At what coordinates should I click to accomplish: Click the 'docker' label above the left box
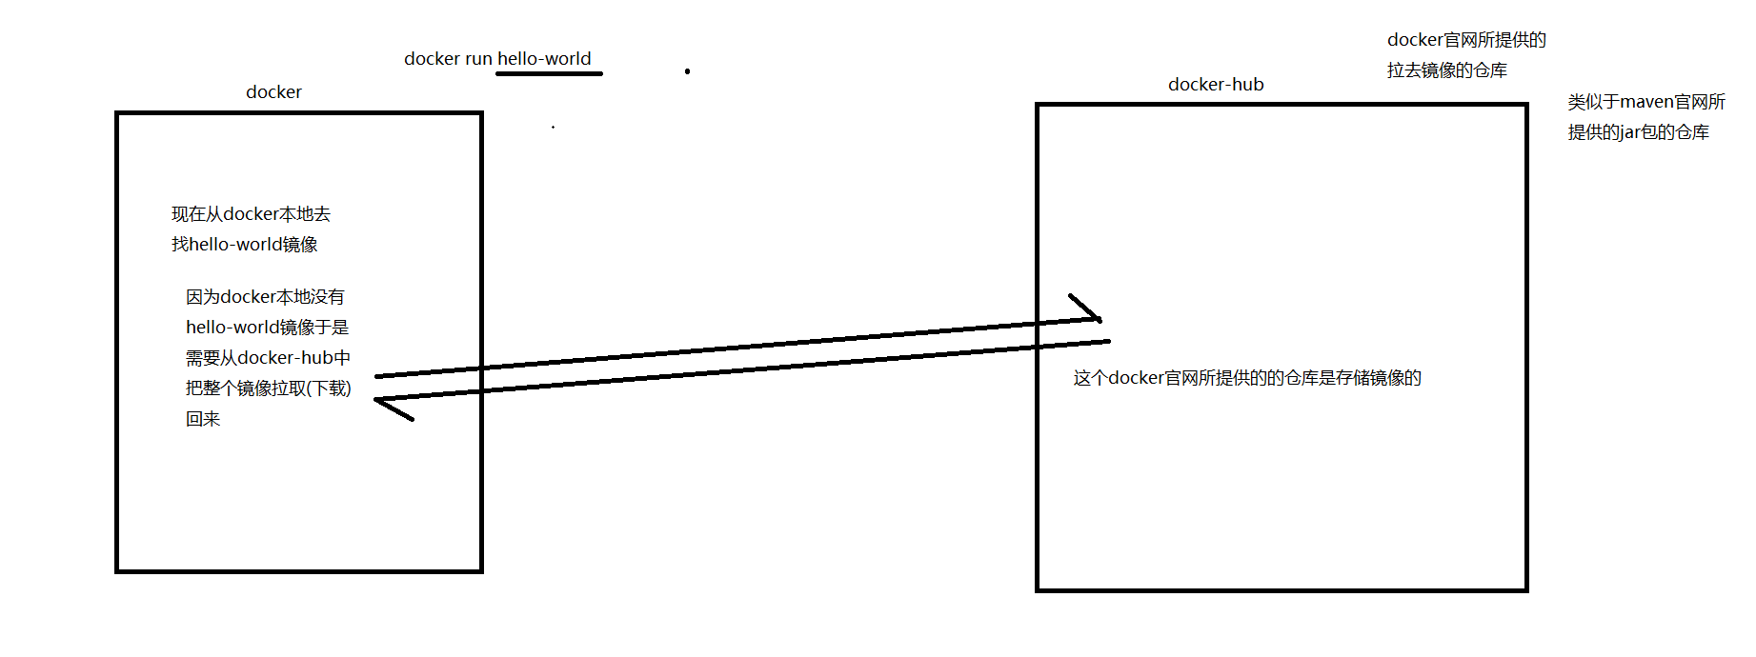point(273,92)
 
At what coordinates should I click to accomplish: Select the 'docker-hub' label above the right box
point(1216,85)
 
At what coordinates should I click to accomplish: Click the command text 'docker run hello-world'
point(497,59)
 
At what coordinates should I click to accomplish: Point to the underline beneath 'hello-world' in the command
point(549,73)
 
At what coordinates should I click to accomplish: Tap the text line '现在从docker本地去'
point(251,214)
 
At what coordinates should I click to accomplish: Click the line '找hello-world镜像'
point(245,245)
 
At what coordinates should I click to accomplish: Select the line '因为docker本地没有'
point(265,297)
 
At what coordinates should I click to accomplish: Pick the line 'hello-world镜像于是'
point(267,328)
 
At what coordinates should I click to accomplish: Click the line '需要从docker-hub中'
point(268,358)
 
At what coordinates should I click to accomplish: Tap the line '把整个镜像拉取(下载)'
point(268,388)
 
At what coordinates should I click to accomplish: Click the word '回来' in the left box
point(203,419)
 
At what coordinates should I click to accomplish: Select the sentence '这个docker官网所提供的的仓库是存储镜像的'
point(1246,378)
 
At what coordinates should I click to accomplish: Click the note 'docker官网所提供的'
point(1466,40)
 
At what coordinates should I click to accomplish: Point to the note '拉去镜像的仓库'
point(1446,70)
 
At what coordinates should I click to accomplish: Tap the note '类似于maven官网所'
point(1646,102)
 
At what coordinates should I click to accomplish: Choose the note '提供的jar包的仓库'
point(1638,132)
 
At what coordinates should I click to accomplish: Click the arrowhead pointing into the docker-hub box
point(1092,312)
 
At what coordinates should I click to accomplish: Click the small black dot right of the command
point(687,71)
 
